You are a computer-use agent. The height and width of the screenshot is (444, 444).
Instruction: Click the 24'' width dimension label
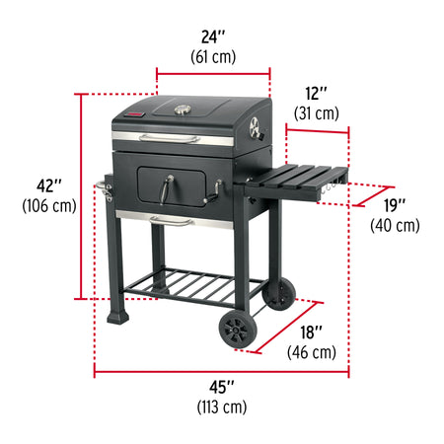213,37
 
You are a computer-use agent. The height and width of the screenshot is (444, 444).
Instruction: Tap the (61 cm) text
213,56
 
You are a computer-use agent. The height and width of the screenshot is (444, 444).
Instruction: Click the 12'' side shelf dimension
316,94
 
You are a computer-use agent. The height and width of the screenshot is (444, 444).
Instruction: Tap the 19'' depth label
395,205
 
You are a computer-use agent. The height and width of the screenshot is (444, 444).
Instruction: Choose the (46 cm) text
312,351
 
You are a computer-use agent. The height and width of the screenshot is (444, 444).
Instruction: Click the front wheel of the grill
238,328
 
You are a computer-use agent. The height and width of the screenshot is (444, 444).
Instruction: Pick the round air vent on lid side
255,127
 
